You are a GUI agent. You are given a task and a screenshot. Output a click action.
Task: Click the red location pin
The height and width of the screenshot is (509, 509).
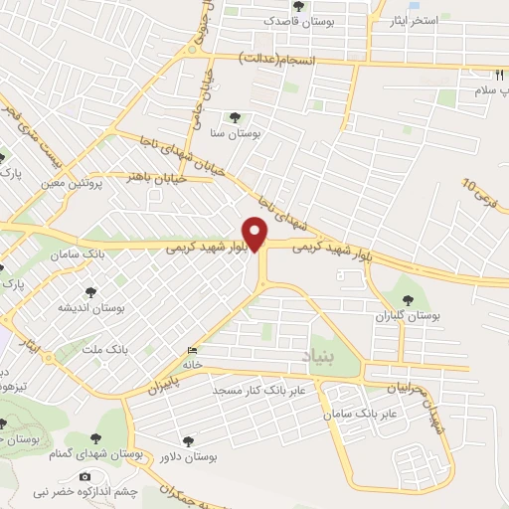pos(256,234)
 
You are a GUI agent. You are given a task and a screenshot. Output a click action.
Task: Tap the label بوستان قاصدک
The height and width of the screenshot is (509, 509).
pos(288,20)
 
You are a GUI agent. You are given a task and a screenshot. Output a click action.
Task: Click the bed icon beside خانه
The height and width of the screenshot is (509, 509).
pos(192,351)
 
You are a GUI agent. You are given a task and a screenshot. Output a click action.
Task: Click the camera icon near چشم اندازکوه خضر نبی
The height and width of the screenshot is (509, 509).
pos(85,477)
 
